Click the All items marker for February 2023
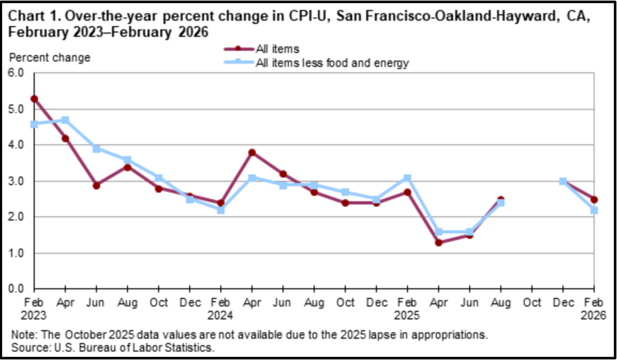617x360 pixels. click(x=34, y=99)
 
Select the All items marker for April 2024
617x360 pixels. click(x=252, y=152)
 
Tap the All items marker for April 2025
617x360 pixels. click(x=438, y=242)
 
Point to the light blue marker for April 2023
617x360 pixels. click(x=65, y=120)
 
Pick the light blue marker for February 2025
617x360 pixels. click(x=407, y=178)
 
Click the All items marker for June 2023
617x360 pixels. click(x=96, y=185)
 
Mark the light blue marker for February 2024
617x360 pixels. click(x=220, y=210)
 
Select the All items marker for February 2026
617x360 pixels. click(x=594, y=199)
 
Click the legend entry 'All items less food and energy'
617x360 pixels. click(x=332, y=63)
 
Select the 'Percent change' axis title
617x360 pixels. click(x=50, y=57)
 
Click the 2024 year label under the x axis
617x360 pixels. click(x=220, y=316)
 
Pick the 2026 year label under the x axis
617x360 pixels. click(x=594, y=316)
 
